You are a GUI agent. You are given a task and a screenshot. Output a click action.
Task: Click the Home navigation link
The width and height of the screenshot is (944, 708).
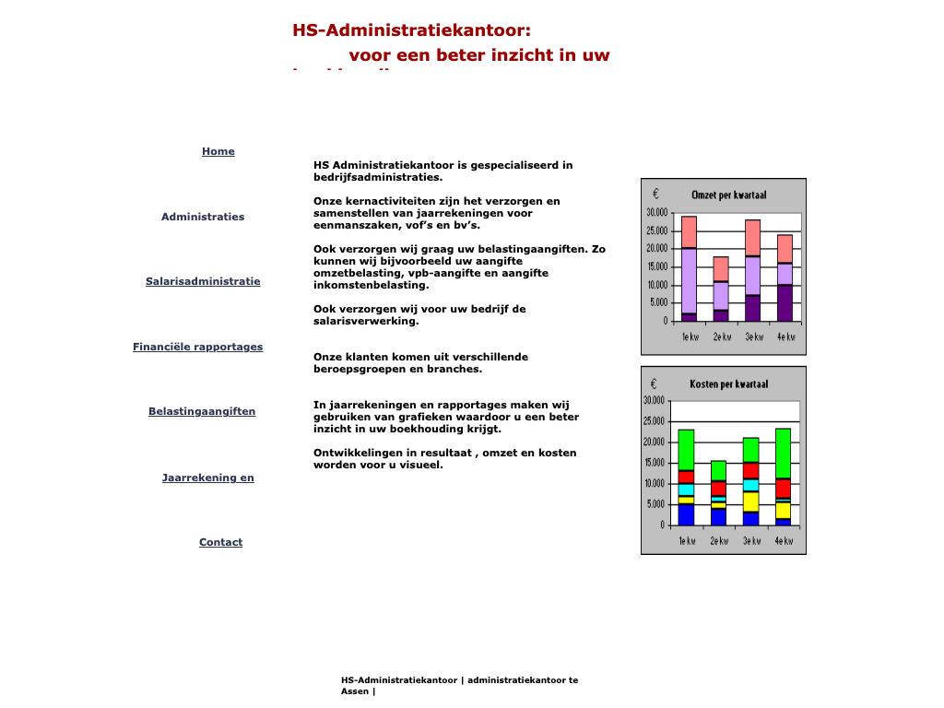pyautogui.click(x=218, y=151)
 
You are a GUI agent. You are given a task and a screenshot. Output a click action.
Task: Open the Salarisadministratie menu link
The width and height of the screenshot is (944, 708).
pyautogui.click(x=203, y=281)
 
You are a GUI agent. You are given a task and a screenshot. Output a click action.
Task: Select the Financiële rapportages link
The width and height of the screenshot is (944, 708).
pyautogui.click(x=197, y=347)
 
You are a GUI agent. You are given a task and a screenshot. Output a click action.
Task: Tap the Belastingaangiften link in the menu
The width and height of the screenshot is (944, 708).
pyautogui.click(x=202, y=411)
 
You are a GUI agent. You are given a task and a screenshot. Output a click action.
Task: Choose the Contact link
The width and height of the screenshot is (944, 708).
pyautogui.click(x=220, y=542)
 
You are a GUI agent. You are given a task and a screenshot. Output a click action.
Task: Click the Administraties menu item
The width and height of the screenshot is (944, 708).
pyautogui.click(x=203, y=217)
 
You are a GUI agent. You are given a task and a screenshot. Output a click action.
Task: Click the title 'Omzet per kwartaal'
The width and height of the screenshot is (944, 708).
pyautogui.click(x=728, y=195)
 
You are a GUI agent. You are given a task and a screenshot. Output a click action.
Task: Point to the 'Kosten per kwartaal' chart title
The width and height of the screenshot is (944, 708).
pyautogui.click(x=728, y=383)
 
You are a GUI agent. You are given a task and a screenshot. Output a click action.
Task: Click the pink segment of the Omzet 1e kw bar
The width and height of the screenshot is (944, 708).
pyautogui.click(x=689, y=231)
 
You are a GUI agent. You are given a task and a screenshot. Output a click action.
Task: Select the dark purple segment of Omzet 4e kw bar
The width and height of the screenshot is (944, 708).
pyautogui.click(x=785, y=302)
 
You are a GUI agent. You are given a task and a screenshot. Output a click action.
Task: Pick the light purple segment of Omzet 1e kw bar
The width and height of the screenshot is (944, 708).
pyautogui.click(x=689, y=280)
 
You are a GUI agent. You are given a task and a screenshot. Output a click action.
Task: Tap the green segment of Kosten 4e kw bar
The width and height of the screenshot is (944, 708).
pyautogui.click(x=783, y=453)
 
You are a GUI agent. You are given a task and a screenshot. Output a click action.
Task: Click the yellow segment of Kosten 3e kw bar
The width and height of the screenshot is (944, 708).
pyautogui.click(x=750, y=501)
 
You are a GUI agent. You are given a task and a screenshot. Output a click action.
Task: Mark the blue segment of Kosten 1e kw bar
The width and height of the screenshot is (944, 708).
pyautogui.click(x=686, y=513)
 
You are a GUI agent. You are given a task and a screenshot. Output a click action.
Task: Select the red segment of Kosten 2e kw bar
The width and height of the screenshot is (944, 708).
pyautogui.click(x=718, y=488)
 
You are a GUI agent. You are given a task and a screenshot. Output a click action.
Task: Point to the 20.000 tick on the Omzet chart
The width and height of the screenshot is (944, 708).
pyautogui.click(x=656, y=249)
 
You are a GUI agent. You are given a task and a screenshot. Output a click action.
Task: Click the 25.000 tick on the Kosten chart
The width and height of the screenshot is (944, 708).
pyautogui.click(x=654, y=421)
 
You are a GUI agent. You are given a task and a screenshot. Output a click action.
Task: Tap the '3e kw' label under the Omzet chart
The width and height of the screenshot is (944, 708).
pyautogui.click(x=754, y=336)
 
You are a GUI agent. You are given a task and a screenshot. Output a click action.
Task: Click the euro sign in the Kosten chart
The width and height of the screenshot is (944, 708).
pyautogui.click(x=654, y=383)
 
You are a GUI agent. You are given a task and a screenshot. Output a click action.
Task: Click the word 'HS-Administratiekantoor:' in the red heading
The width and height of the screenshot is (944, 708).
pyautogui.click(x=411, y=30)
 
